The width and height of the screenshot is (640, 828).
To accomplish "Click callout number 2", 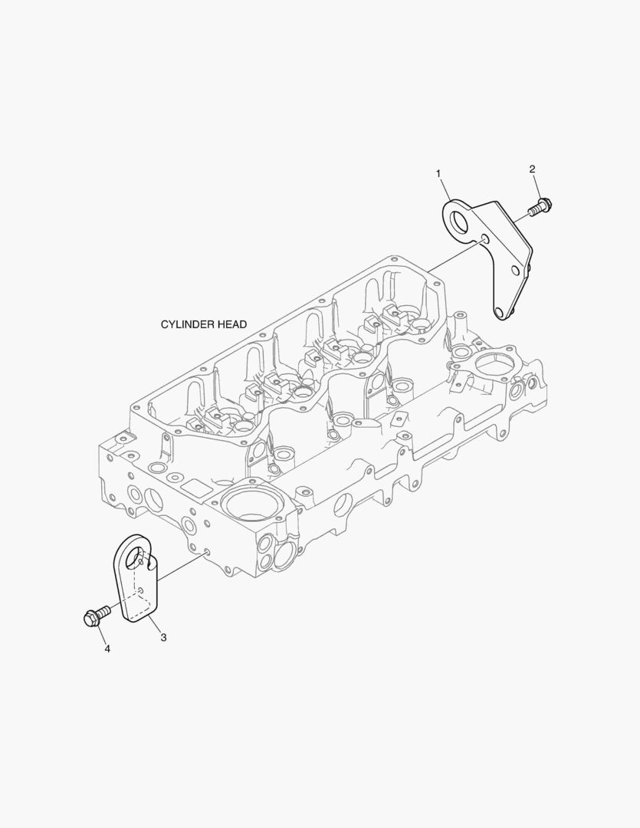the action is click(532, 169).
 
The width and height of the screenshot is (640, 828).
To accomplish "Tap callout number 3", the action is click(164, 637).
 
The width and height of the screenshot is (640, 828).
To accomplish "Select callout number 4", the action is click(107, 649).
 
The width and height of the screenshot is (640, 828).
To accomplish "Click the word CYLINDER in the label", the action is click(188, 324).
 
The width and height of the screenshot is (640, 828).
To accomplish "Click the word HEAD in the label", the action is click(232, 324).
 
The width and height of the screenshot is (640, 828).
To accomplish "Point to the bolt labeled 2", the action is click(540, 206).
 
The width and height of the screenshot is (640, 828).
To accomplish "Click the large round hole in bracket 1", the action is click(461, 220).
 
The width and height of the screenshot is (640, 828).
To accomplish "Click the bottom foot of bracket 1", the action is click(502, 311).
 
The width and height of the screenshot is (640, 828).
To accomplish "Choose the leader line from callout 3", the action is click(155, 623).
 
